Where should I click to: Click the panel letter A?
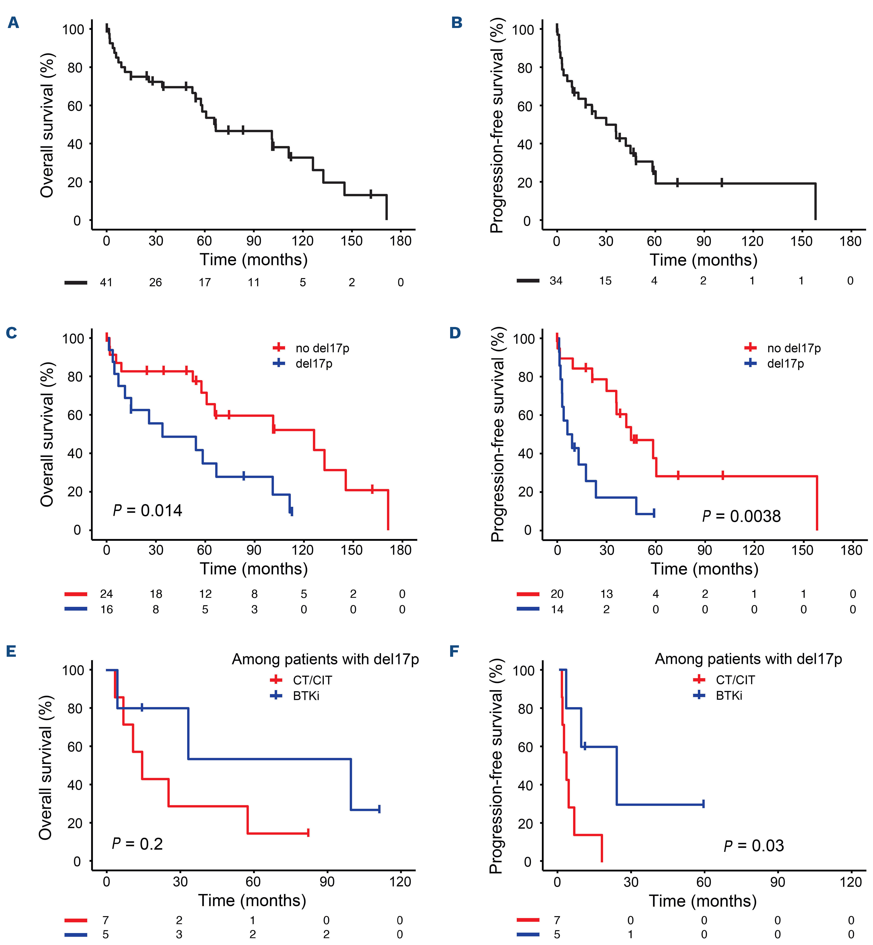[13, 23]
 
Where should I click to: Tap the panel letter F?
[455, 651]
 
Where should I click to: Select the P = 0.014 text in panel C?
[147, 511]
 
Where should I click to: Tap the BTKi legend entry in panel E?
[306, 696]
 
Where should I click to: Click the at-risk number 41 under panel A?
[106, 283]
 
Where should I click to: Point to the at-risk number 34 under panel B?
[556, 281]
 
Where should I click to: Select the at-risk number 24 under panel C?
[106, 594]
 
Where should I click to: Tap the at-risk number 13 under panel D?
[607, 594]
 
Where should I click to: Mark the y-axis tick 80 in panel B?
[525, 68]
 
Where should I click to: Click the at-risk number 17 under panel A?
[204, 283]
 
